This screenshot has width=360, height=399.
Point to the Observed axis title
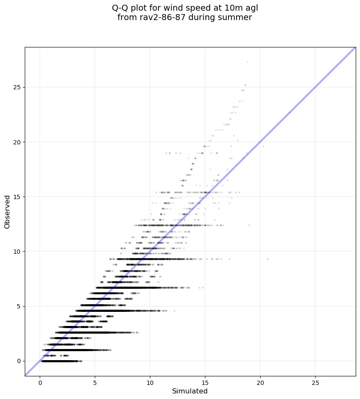(7, 211)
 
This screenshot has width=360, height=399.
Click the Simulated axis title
(190, 391)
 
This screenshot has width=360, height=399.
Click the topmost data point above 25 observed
(247, 62)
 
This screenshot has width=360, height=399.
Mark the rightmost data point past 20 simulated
(267, 259)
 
